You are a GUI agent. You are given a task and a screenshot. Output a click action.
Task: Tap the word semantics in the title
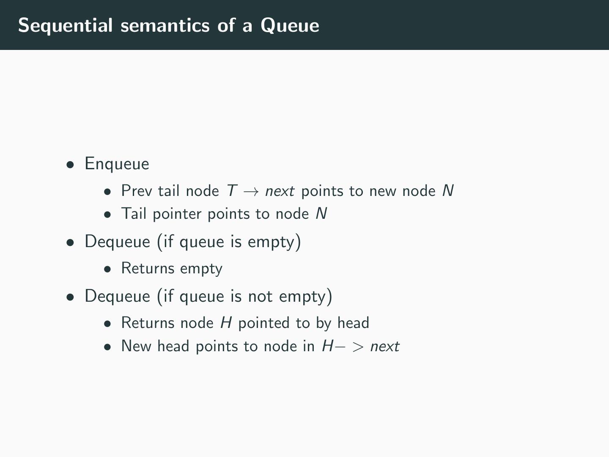pos(165,25)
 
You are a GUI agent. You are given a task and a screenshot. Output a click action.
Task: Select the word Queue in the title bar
pos(290,25)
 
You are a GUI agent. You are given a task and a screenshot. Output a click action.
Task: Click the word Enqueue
pos(117,164)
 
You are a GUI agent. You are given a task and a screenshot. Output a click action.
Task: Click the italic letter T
pos(231,191)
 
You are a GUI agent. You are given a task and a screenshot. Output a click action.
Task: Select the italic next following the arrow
pos(280,191)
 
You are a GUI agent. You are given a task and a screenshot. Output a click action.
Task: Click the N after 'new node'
pos(448,191)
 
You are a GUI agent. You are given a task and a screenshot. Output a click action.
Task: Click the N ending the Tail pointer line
pos(321,214)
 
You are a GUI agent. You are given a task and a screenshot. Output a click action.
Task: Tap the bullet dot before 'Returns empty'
pos(108,269)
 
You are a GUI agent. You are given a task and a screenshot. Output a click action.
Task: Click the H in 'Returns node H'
pos(226,323)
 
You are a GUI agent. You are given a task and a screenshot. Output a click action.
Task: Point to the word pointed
pos(264,323)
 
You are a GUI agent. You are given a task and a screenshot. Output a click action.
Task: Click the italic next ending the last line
pos(384,347)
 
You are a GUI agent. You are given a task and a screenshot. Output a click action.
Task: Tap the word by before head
pos(324,323)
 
